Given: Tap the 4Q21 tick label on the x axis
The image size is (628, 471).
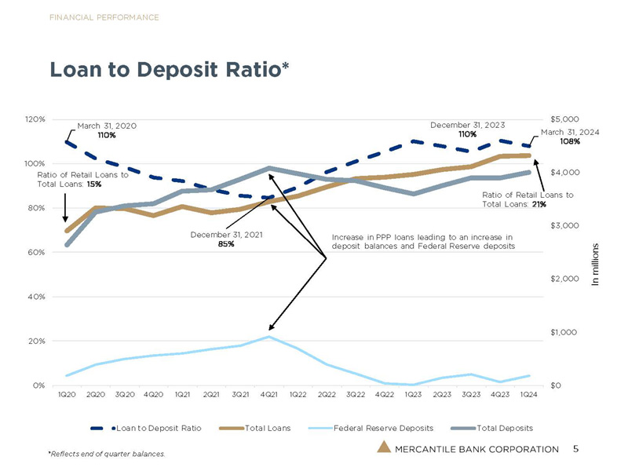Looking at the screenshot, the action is [x=268, y=395].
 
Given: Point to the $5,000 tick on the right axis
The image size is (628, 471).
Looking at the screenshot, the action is [x=564, y=119].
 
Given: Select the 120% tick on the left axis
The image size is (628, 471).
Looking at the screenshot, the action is [x=35, y=119].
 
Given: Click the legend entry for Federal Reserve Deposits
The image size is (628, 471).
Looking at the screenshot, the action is [x=371, y=428].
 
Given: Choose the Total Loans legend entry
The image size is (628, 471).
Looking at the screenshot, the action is [x=254, y=428].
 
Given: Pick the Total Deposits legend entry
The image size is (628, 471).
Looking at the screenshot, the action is [x=492, y=428].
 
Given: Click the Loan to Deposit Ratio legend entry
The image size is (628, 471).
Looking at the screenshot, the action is [x=146, y=428].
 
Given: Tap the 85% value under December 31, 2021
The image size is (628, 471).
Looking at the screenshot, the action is [x=226, y=244].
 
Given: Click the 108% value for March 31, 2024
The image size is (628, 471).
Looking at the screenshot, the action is [x=570, y=141].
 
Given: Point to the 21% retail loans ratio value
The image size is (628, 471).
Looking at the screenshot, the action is [x=539, y=204].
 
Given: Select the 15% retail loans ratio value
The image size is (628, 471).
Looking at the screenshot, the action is [x=94, y=184].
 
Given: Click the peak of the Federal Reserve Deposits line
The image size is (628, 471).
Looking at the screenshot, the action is [x=269, y=337].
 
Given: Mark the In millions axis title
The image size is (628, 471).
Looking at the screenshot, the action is [x=595, y=265].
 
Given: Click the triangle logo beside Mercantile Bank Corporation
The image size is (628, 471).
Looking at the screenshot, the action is [x=384, y=447].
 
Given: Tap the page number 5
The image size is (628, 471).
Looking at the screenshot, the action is [x=575, y=448].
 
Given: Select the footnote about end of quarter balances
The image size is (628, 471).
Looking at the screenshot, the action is [x=107, y=454].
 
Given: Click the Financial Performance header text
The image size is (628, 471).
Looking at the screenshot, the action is [x=104, y=17].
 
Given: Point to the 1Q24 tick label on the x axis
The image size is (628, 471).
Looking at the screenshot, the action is [x=528, y=395].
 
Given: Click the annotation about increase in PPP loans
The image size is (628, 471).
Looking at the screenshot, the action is [x=423, y=242].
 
